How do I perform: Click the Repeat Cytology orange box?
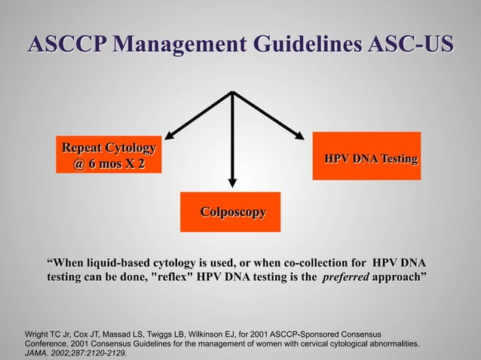tap(109, 154)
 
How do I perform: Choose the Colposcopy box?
tap(230, 212)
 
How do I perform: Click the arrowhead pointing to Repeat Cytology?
tap(170, 136)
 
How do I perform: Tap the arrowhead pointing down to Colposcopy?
tap(232, 180)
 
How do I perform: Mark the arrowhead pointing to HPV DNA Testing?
tap(299, 135)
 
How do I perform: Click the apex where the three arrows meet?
tap(232, 93)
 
